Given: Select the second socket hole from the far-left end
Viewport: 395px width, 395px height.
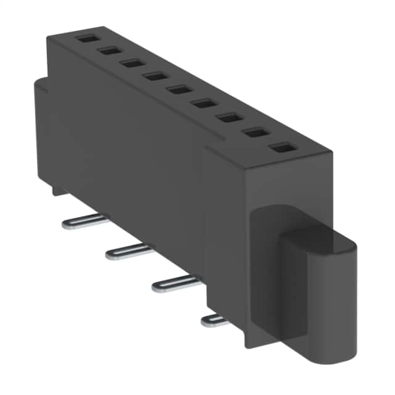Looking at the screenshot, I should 109,50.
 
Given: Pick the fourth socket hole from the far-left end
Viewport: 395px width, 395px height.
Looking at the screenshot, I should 154,75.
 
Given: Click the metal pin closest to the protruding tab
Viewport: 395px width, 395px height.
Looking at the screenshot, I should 213,319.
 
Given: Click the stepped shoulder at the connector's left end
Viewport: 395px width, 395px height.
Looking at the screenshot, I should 40,86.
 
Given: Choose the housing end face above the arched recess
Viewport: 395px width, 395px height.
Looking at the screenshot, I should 290,185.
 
